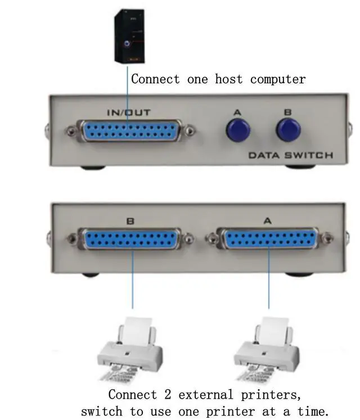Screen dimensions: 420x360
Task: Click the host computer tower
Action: coord(128,35)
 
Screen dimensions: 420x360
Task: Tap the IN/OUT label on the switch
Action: coord(129,113)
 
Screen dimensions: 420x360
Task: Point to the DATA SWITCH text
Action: coord(290,155)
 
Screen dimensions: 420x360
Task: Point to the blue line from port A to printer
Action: coord(269,281)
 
